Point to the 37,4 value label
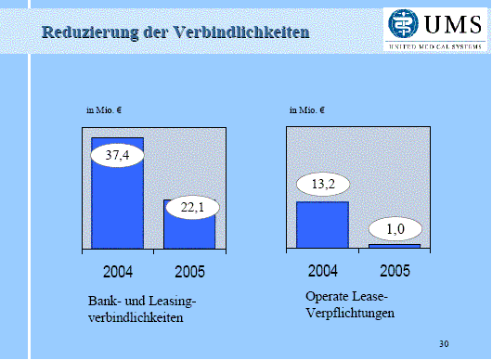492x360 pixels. (117, 154)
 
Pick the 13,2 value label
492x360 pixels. (322, 185)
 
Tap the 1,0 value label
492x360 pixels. (395, 228)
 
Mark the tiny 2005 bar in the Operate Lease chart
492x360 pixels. (395, 246)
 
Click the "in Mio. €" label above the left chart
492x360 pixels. (105, 110)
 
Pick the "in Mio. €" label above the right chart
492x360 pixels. (307, 110)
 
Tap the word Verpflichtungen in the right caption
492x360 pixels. (349, 313)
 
